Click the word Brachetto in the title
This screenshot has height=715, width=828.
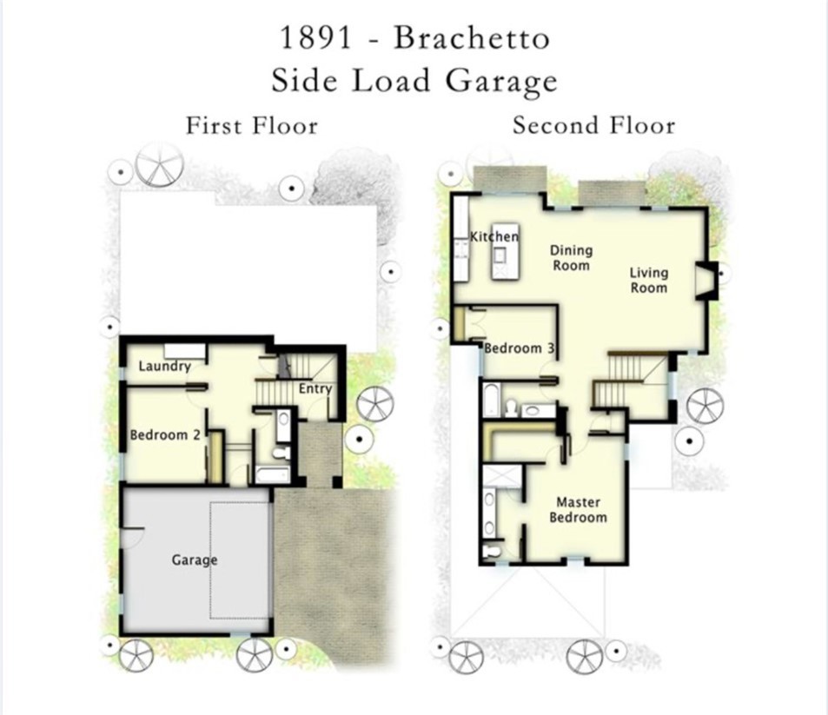pyautogui.click(x=471, y=39)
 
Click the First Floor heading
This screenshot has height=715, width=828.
pyautogui.click(x=252, y=126)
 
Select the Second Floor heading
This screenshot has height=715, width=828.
pyautogui.click(x=593, y=126)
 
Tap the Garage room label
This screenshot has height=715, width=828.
pyautogui.click(x=194, y=560)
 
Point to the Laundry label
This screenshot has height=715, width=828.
pyautogui.click(x=164, y=367)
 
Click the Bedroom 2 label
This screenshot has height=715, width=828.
pyautogui.click(x=166, y=434)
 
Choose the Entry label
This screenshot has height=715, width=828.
pyautogui.click(x=315, y=388)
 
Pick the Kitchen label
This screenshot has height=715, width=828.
pyautogui.click(x=494, y=236)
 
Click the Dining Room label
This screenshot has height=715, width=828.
pyautogui.click(x=571, y=258)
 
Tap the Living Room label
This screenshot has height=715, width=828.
pyautogui.click(x=649, y=280)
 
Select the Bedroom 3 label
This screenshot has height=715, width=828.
pyautogui.click(x=520, y=348)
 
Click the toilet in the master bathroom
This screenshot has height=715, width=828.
pyautogui.click(x=493, y=550)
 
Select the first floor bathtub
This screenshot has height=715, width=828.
pyautogui.click(x=274, y=474)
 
